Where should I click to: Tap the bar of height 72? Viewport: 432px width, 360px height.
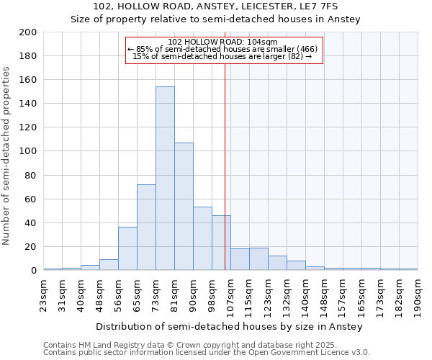pyautogui.click(x=146, y=228)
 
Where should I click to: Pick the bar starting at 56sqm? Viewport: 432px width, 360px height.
pyautogui.click(x=127, y=249)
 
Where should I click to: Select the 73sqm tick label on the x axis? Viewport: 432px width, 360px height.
pyautogui.click(x=156, y=292)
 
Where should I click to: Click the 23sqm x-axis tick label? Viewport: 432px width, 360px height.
pyautogui.click(x=43, y=292)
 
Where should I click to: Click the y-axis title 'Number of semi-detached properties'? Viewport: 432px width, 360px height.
pyautogui.click(x=7, y=156)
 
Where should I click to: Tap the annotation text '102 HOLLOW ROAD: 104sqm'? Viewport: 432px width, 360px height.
pyautogui.click(x=222, y=42)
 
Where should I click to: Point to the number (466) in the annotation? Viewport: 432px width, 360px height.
pyautogui.click(x=303, y=49)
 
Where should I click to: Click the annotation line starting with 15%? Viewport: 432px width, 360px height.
pyautogui.click(x=222, y=56)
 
